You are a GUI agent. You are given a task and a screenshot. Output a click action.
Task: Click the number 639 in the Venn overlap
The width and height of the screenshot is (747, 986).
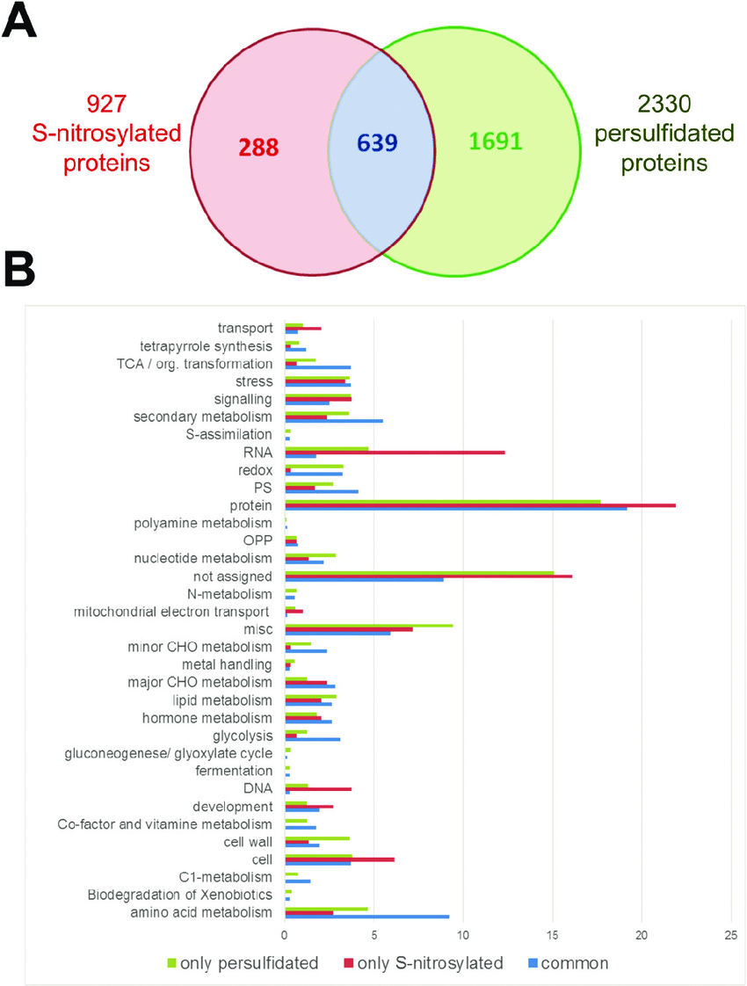377,142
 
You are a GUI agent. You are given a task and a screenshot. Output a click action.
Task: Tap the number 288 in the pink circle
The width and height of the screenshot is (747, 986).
258,147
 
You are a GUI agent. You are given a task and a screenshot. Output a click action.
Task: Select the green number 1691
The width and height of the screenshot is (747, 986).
496,141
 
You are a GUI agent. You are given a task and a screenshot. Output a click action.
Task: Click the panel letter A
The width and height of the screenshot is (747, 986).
19,21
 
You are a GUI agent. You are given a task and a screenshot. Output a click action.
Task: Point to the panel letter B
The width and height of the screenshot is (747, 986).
19,269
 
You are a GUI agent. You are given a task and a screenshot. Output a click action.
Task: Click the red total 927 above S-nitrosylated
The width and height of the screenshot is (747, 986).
106,104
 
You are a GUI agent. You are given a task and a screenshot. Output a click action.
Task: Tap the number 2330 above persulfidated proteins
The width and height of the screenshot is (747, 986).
664,104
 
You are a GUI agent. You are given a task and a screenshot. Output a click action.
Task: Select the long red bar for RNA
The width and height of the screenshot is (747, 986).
395,452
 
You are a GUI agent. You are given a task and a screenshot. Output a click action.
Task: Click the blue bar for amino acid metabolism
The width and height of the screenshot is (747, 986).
367,917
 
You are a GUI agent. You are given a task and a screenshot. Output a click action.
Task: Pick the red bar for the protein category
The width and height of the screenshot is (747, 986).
481,505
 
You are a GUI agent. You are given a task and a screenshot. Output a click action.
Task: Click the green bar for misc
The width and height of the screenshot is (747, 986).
369,626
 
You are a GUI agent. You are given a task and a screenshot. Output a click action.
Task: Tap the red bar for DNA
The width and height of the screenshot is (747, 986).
318,788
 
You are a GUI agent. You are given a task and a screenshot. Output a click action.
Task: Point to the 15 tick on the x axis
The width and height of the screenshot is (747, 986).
552,935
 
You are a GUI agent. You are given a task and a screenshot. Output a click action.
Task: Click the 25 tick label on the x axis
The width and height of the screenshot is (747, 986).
730,935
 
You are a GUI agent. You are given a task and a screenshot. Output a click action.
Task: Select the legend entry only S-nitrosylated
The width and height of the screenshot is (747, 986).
424,963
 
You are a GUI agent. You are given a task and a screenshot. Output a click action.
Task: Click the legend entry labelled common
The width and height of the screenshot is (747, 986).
569,963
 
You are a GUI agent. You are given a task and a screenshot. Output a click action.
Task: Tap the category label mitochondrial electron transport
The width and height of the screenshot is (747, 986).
171,612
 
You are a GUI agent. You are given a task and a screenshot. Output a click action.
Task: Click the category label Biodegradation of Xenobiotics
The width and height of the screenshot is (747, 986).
180,895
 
